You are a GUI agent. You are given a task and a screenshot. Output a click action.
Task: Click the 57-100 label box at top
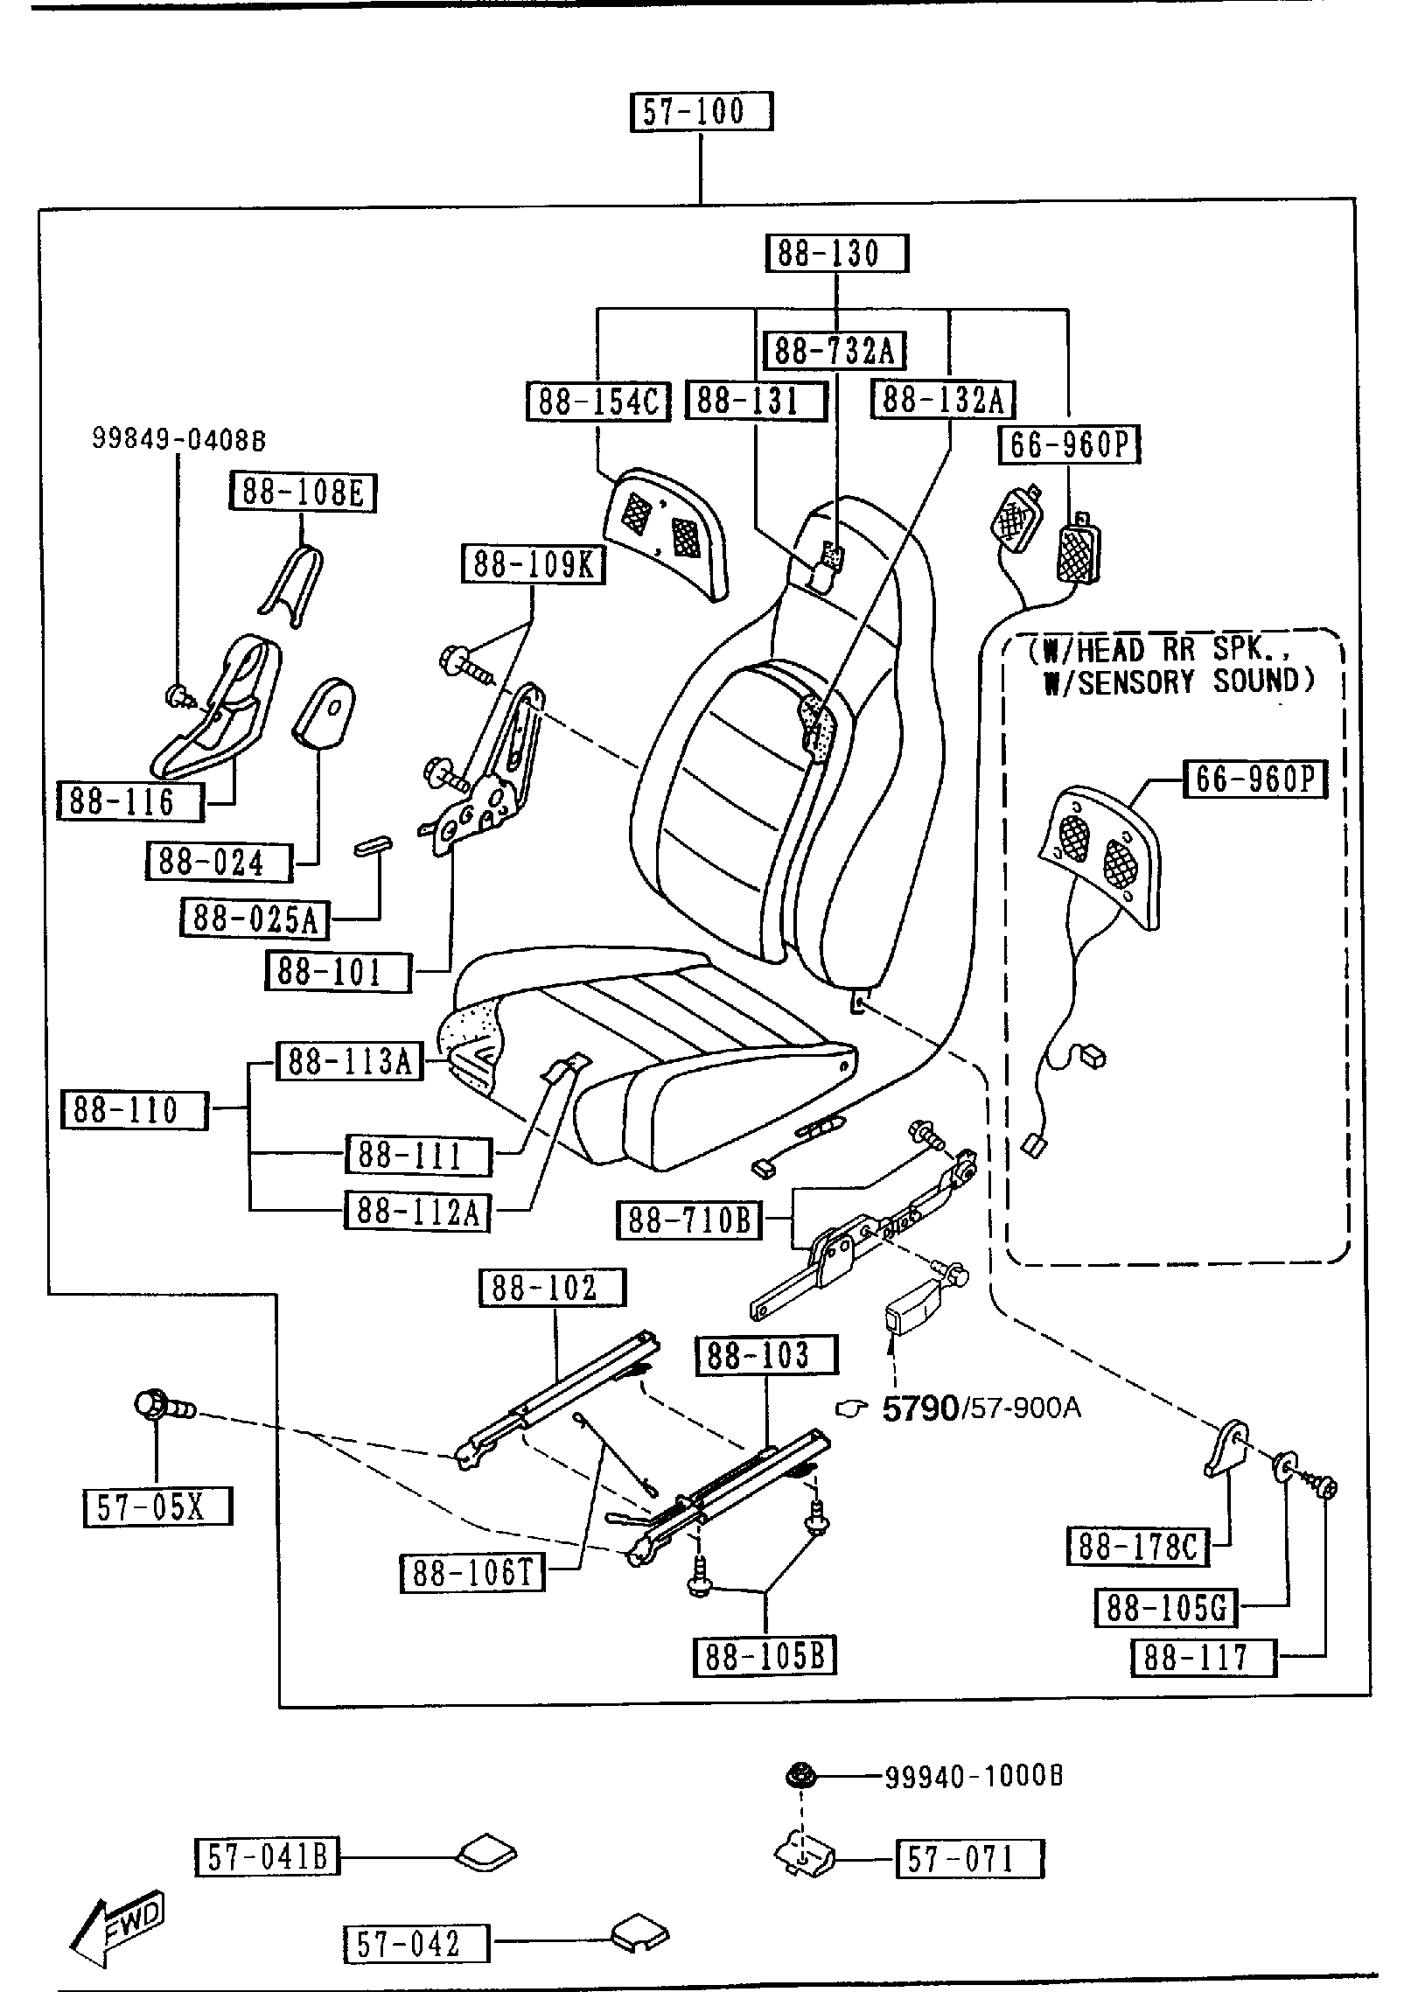click(x=702, y=112)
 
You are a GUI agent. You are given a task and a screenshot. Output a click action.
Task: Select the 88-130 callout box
click(x=837, y=254)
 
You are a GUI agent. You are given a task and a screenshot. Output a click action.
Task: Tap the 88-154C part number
click(x=598, y=401)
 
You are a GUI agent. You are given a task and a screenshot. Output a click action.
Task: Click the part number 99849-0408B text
click(x=178, y=439)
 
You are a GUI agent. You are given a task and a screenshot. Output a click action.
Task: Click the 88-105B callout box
click(x=765, y=1656)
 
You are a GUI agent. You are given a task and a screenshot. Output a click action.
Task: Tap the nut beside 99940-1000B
click(x=798, y=1776)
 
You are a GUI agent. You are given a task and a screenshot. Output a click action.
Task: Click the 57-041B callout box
click(x=267, y=1856)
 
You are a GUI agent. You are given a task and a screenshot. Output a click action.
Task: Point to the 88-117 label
click(x=1204, y=1657)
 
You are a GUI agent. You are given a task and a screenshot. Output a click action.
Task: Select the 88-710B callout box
click(x=689, y=1220)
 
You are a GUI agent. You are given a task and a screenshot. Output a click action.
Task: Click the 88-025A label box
click(x=255, y=919)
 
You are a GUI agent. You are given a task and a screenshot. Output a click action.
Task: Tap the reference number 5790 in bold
click(x=920, y=1408)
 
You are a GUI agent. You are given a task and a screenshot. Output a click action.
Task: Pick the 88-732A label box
click(x=835, y=351)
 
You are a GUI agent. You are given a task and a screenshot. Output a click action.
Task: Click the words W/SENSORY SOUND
click(x=1179, y=681)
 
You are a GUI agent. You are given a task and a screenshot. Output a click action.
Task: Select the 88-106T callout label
click(x=472, y=1574)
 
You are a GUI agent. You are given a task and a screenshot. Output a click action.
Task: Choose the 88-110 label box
click(x=135, y=1110)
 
